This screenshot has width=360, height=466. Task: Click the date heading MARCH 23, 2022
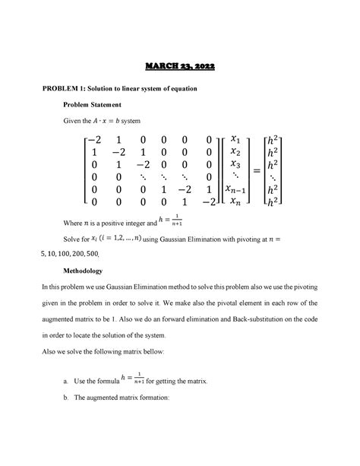[180, 68]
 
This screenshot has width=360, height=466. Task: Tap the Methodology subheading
[87, 271]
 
